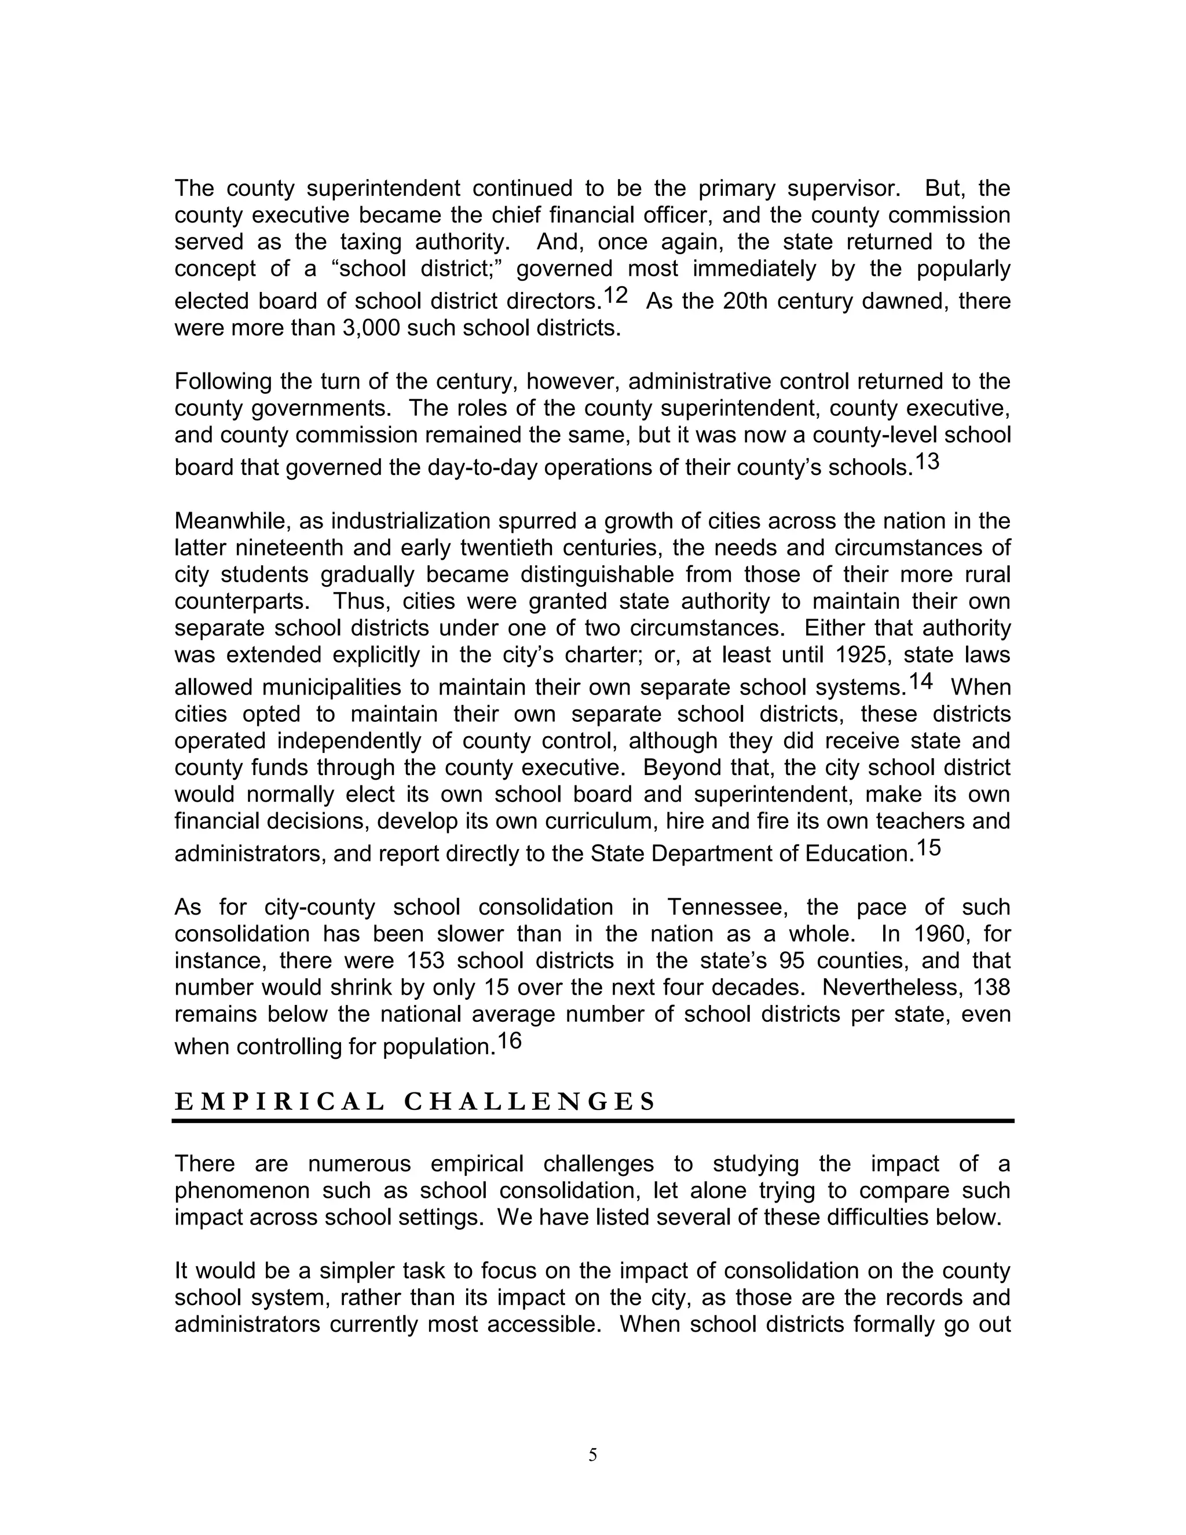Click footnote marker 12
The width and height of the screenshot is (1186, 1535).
point(615,295)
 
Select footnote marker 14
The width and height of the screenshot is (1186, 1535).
point(921,681)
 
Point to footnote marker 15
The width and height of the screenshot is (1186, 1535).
point(928,847)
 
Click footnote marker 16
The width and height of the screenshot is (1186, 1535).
point(510,1041)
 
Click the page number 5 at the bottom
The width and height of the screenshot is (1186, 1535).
point(592,1456)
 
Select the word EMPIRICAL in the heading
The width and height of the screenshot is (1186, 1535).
point(280,1101)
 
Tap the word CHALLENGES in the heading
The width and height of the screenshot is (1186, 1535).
point(530,1101)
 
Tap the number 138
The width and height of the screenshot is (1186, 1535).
point(991,988)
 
